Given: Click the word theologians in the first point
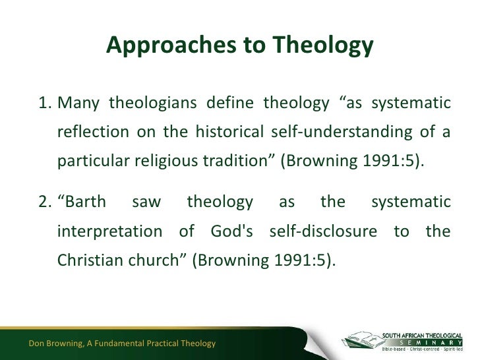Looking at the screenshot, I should point(152,104).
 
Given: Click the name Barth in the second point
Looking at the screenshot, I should point(82,202).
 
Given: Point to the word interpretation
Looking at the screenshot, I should point(109,232).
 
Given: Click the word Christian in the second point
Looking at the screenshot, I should point(90,260).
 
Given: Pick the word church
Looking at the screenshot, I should point(157,260).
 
